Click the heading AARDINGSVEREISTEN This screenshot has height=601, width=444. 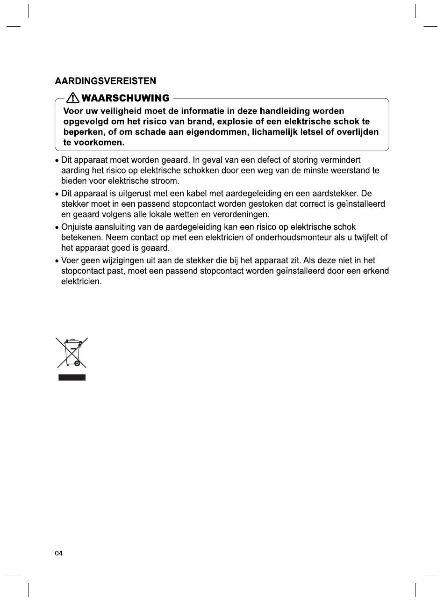tap(106, 81)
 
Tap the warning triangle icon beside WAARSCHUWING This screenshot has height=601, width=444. tap(73, 98)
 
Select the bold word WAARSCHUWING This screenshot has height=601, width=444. tap(125, 98)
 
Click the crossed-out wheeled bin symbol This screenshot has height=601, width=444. tap(72, 352)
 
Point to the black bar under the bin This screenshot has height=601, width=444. tap(72, 377)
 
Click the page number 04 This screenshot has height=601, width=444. tap(58, 553)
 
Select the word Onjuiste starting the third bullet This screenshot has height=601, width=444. tap(78, 227)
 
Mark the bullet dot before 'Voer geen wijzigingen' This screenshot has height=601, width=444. tap(57, 261)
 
